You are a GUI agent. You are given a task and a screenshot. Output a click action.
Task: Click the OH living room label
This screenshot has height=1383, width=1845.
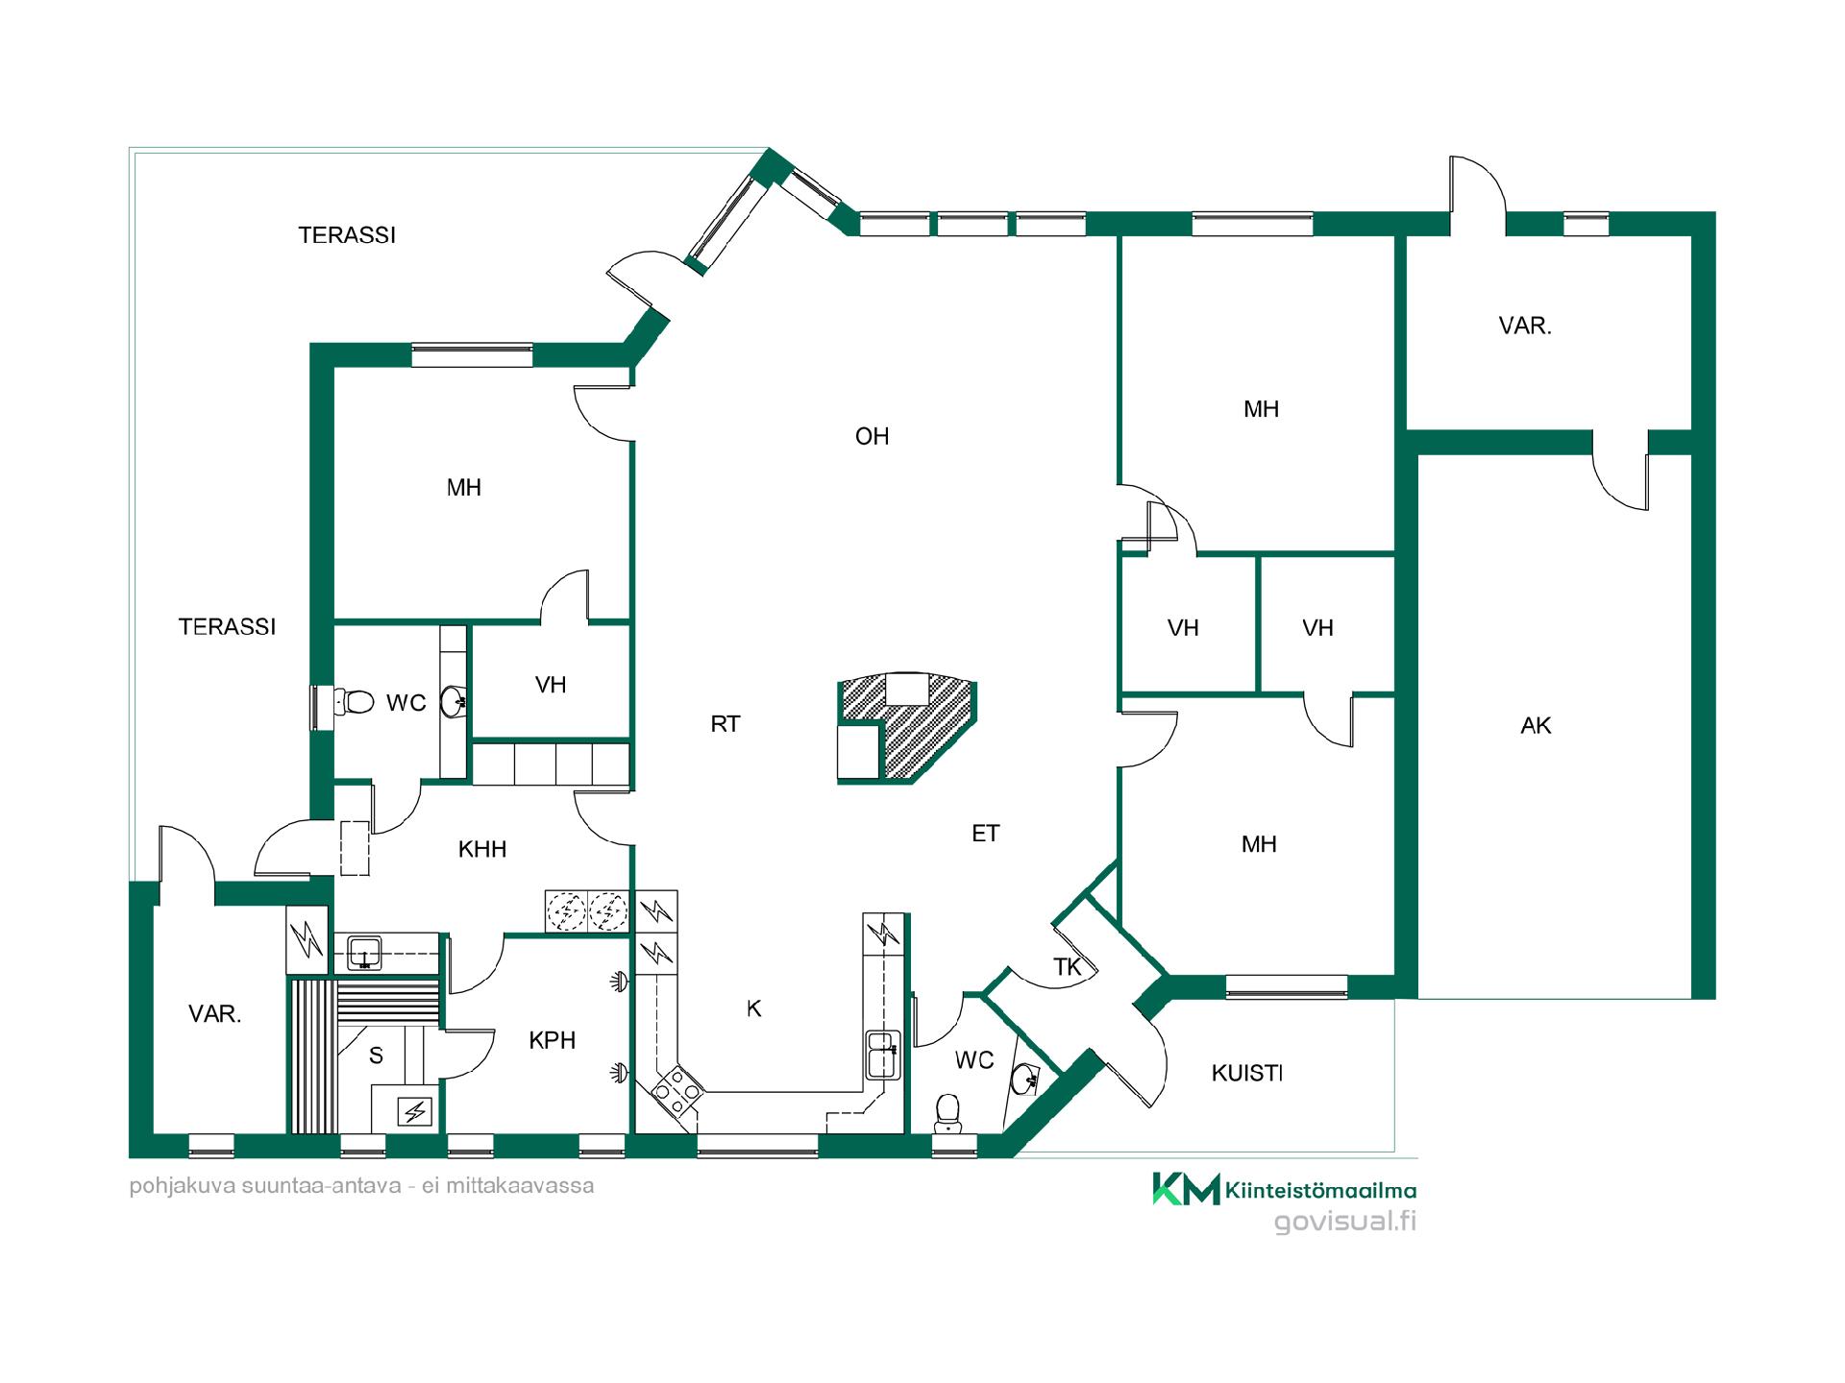coord(872,437)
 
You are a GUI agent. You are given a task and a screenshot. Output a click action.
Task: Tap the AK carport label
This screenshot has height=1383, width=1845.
coord(1536,726)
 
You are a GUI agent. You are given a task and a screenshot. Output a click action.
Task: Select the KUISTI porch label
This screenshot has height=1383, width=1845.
coord(1246,1073)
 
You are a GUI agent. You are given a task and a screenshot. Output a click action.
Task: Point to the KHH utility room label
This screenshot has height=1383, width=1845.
coord(482,849)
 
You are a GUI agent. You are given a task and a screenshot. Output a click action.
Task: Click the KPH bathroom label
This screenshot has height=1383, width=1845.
coord(553,1040)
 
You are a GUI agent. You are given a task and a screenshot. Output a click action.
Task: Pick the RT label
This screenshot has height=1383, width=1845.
coord(726,724)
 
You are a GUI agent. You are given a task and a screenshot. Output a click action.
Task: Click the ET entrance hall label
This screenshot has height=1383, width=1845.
coord(986,834)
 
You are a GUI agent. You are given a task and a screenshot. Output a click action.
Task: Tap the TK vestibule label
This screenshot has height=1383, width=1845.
coord(1068,967)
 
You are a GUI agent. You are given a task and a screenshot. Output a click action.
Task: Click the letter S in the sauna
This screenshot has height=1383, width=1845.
coord(377,1055)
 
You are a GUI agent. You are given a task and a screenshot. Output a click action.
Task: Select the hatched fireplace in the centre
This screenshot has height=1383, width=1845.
coord(908,728)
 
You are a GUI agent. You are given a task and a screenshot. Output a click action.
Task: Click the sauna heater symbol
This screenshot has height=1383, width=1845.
coord(415,1112)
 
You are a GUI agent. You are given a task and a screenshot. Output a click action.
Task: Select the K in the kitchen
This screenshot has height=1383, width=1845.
coord(754,1008)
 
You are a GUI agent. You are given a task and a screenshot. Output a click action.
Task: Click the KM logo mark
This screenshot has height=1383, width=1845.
coord(1186,1189)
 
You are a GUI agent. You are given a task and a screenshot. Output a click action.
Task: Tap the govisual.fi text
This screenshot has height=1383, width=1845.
coord(1345,1222)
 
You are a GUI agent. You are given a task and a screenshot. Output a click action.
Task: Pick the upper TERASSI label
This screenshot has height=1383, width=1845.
coord(347,235)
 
